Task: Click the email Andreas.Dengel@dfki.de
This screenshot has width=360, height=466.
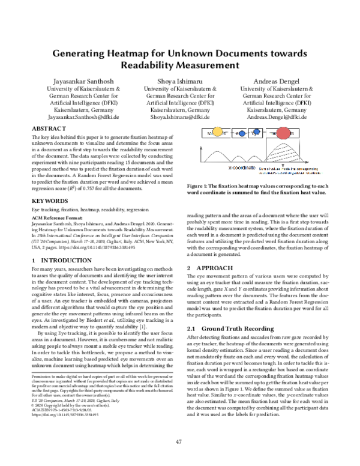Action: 276,119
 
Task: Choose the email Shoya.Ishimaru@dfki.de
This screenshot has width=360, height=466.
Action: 180,119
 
